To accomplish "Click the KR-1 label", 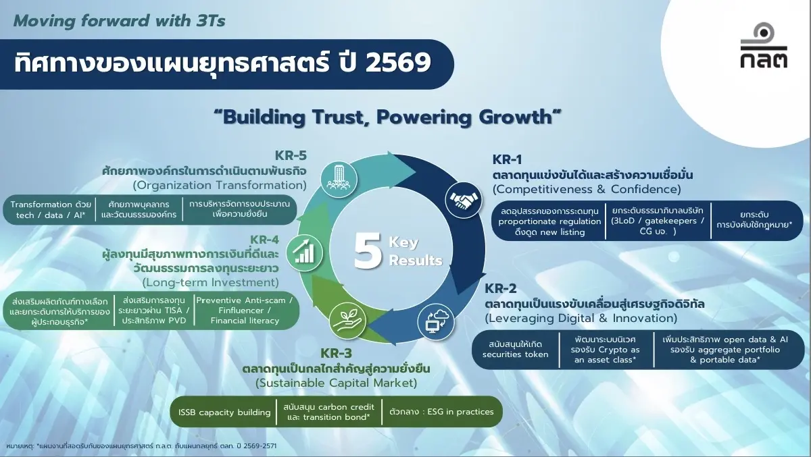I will coord(508,160).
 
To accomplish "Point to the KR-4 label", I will coord(264,239).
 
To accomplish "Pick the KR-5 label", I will coord(291,155).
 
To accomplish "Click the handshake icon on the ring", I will coord(461,200).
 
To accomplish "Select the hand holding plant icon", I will coord(347,320).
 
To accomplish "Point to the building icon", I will coord(339,178).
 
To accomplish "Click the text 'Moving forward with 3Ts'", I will coord(119,20).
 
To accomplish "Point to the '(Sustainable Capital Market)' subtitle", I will coord(336,383).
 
